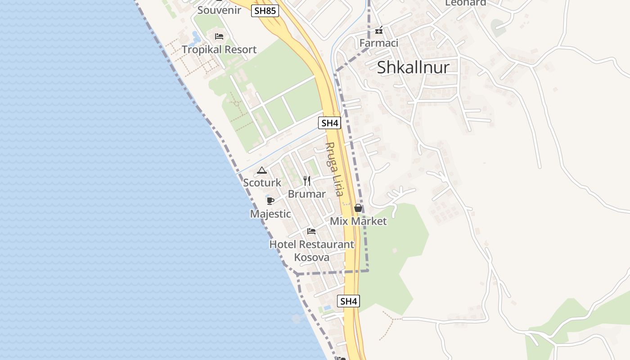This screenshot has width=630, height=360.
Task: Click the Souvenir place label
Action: pyautogui.click(x=219, y=10)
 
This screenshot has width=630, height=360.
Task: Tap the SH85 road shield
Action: pyautogui.click(x=265, y=11)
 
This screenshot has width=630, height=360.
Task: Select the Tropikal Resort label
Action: pyautogui.click(x=219, y=49)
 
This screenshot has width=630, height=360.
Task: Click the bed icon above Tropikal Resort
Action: pyautogui.click(x=219, y=36)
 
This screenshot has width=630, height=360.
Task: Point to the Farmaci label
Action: pyautogui.click(x=379, y=43)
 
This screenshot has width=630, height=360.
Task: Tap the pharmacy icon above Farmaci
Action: pyautogui.click(x=379, y=30)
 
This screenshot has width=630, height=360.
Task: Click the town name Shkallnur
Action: pyautogui.click(x=413, y=67)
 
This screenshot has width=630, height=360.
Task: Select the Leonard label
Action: pyautogui.click(x=466, y=3)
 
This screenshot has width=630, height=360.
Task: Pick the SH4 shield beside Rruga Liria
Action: pyautogui.click(x=329, y=123)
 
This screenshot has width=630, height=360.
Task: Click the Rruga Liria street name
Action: pyautogui.click(x=335, y=169)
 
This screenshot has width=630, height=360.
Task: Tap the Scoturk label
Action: pyautogui.click(x=262, y=183)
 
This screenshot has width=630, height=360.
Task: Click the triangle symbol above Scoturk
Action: pyautogui.click(x=262, y=171)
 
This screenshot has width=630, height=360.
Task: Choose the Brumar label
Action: pyautogui.click(x=306, y=194)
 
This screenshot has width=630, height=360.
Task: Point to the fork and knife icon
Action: pyautogui.click(x=307, y=181)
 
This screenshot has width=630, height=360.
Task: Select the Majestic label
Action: pyautogui.click(x=270, y=214)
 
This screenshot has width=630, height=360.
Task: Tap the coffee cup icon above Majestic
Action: pyautogui.click(x=270, y=201)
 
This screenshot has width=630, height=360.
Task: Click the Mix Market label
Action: pyautogui.click(x=358, y=221)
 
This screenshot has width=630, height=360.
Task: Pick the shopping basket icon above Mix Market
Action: pyautogui.click(x=358, y=208)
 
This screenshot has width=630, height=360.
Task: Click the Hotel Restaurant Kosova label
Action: pyautogui.click(x=311, y=251)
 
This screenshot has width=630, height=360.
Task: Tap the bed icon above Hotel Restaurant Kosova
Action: pyautogui.click(x=311, y=231)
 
